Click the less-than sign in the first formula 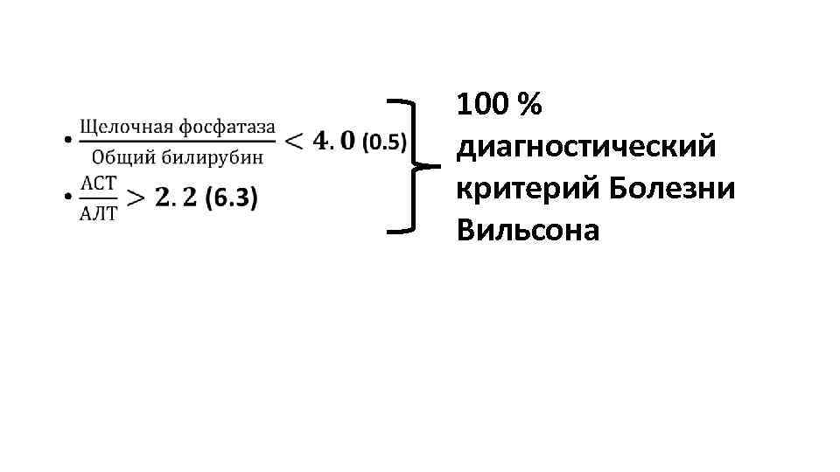coord(296,140)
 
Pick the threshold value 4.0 coord(335,140)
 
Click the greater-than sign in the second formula coord(136,198)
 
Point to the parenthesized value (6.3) coord(231,198)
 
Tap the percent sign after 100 coord(529,106)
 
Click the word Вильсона coord(528,230)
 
